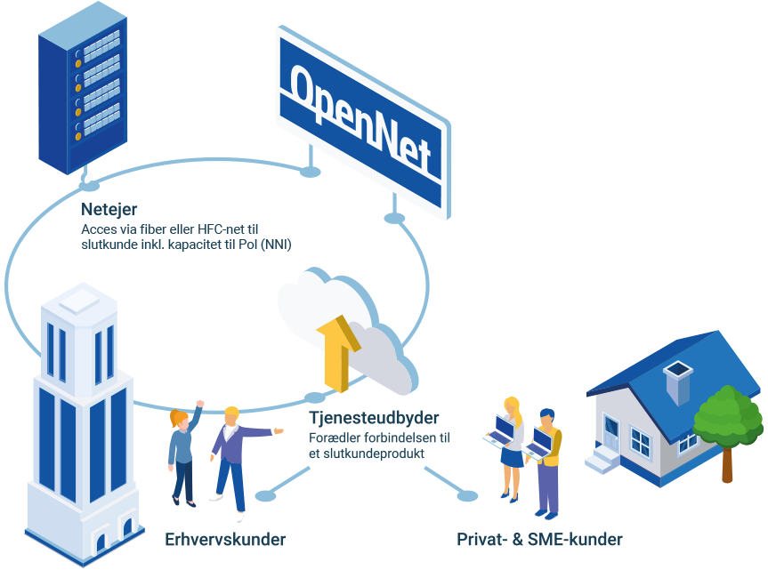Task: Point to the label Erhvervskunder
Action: [225, 540]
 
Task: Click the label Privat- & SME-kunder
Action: [539, 540]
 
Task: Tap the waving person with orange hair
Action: [182, 454]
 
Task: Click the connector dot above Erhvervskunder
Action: [263, 495]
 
